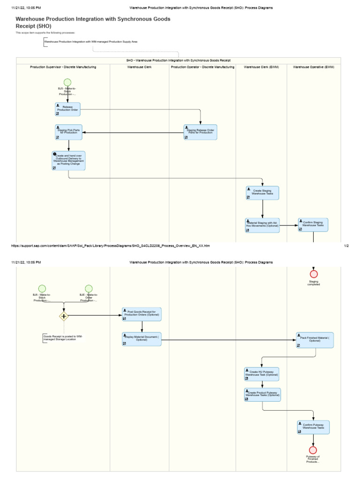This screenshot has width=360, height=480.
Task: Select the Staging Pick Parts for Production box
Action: pos(68,132)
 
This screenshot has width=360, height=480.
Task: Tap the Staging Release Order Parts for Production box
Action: pos(200,132)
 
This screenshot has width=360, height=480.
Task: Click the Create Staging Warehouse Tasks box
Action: pos(262,193)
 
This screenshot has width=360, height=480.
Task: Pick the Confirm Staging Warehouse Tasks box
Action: pos(313,225)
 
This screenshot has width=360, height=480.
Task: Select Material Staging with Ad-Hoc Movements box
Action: pos(262,225)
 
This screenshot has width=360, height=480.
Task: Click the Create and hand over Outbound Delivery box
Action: pos(68,160)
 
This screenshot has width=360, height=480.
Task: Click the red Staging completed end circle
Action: pos(314,274)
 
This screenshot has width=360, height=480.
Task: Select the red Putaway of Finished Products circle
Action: pos(313,450)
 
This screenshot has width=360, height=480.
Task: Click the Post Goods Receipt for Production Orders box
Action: pos(141,314)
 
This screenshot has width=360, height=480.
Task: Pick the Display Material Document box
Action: pos(141,339)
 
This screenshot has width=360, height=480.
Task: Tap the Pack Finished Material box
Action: pos(315,340)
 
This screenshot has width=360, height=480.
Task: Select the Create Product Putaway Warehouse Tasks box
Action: pos(262,395)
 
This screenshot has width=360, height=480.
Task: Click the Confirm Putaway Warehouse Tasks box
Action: pos(313,427)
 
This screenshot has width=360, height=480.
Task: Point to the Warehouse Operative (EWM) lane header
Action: pos(313,67)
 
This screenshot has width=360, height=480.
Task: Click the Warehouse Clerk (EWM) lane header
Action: pos(261,67)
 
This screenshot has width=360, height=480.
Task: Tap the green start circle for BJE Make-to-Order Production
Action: pos(89,289)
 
